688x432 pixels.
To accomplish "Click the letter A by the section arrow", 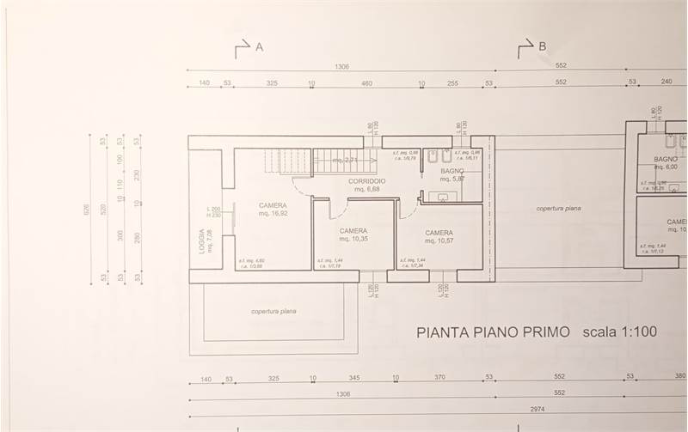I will pyautogui.click(x=259, y=48).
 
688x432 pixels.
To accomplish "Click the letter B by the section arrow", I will pyautogui.click(x=542, y=48).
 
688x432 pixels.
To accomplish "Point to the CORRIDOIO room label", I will pyautogui.click(x=366, y=182).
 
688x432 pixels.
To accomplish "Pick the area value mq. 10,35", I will pyautogui.click(x=353, y=240).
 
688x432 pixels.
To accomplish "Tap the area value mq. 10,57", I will pyautogui.click(x=439, y=241).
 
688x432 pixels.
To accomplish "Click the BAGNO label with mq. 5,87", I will pyautogui.click(x=452, y=171).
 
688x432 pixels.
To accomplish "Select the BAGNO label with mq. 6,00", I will pyautogui.click(x=666, y=160).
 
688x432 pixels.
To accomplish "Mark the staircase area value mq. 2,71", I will pyautogui.click(x=345, y=161).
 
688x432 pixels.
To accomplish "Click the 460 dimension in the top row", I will pyautogui.click(x=366, y=82).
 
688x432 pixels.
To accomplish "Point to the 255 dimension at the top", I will pyautogui.click(x=452, y=82).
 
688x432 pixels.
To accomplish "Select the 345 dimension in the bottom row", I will pyautogui.click(x=353, y=379).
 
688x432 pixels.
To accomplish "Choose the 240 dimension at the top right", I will pyautogui.click(x=666, y=82).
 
